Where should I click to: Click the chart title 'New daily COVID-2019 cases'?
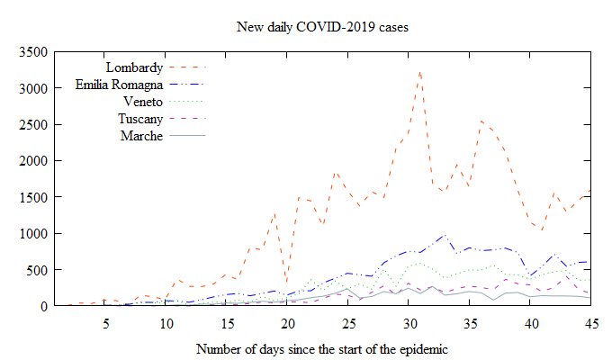pyautogui.click(x=322, y=27)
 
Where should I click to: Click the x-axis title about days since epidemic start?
pyautogui.click(x=321, y=347)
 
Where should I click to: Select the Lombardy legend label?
pyautogui.click(x=134, y=67)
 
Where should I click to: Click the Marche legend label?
pyautogui.click(x=141, y=136)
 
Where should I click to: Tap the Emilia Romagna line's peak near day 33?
pyautogui.click(x=445, y=236)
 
